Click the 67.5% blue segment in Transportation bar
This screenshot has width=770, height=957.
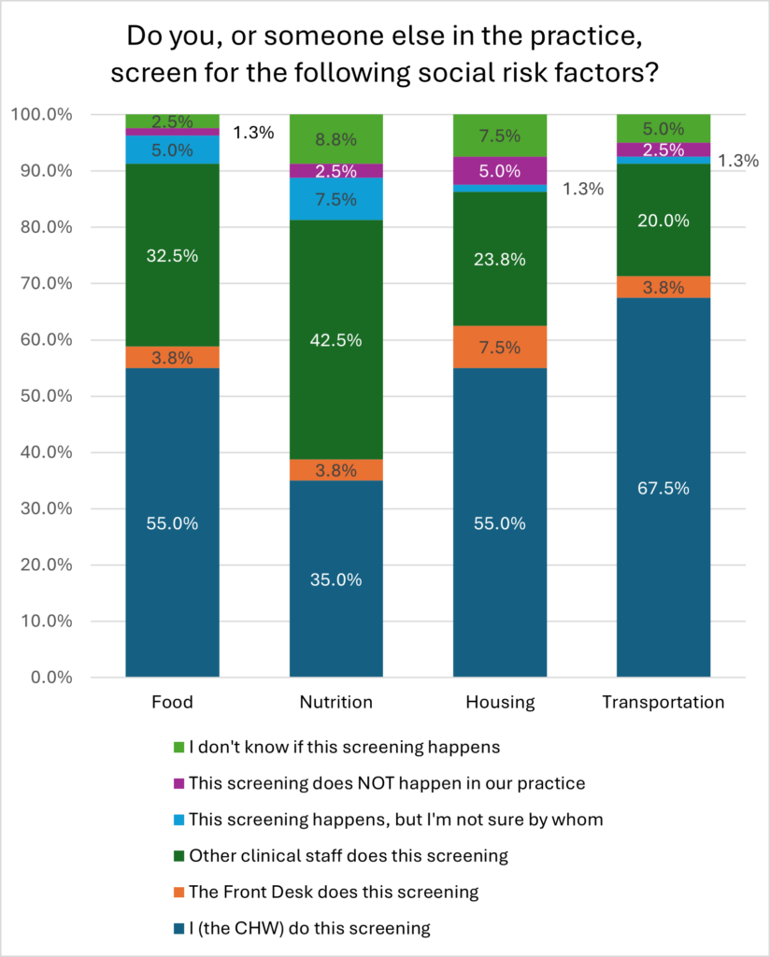coord(663,487)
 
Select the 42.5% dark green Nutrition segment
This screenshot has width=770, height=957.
coord(336,340)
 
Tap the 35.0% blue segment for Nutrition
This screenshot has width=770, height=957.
coord(336,578)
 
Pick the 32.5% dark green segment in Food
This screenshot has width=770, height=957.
coord(173,255)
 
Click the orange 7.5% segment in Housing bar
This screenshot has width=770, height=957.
coord(500,347)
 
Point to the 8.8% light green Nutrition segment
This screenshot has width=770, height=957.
coord(336,139)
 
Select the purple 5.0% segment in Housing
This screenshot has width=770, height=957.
coord(500,171)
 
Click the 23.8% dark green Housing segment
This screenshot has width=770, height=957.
coord(500,259)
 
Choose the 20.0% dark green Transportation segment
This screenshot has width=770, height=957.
coord(663,221)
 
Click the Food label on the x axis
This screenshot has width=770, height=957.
coord(173,702)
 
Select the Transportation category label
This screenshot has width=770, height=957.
coord(663,702)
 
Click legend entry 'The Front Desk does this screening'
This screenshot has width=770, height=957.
coord(334,892)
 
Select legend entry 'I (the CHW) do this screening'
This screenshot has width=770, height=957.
coord(309,928)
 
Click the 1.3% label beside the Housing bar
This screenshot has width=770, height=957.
coord(582,189)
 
